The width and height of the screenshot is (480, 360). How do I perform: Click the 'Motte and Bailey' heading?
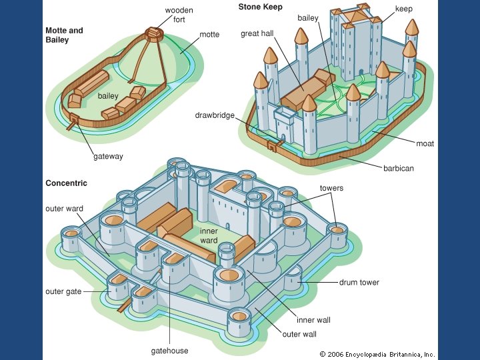pyautogui.click(x=64, y=35)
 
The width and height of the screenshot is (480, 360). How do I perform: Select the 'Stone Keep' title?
pyautogui.click(x=260, y=7)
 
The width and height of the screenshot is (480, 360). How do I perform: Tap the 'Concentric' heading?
pyautogui.click(x=66, y=183)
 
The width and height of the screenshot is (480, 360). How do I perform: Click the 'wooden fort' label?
pyautogui.click(x=180, y=15)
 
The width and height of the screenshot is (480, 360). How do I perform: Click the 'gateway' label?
pyautogui.click(x=108, y=157)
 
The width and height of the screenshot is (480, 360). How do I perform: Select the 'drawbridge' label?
pyautogui.click(x=215, y=115)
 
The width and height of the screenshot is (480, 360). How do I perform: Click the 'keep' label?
pyautogui.click(x=403, y=9)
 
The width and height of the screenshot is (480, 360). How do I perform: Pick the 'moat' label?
pyautogui.click(x=425, y=144)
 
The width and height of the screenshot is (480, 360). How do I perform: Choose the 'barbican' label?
pyautogui.click(x=398, y=168)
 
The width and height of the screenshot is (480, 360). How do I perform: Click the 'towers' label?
pyautogui.click(x=331, y=188)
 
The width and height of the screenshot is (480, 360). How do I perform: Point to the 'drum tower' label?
pyautogui.click(x=359, y=282)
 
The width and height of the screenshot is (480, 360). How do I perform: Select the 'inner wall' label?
pyautogui.click(x=313, y=320)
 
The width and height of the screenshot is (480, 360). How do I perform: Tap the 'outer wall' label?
pyautogui.click(x=299, y=334)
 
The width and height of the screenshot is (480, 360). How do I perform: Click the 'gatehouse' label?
pyautogui.click(x=169, y=351)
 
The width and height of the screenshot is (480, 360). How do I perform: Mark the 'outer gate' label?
pyautogui.click(x=64, y=291)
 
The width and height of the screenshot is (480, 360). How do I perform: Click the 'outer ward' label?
pyautogui.click(x=64, y=209)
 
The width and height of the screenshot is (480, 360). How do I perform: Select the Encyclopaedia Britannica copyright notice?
pyautogui.click(x=377, y=354)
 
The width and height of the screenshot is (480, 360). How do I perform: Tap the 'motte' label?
pyautogui.click(x=209, y=34)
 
